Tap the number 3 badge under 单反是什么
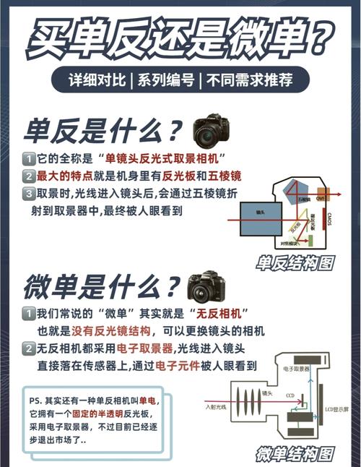pos(28,194)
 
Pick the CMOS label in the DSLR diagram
pos(328,219)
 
